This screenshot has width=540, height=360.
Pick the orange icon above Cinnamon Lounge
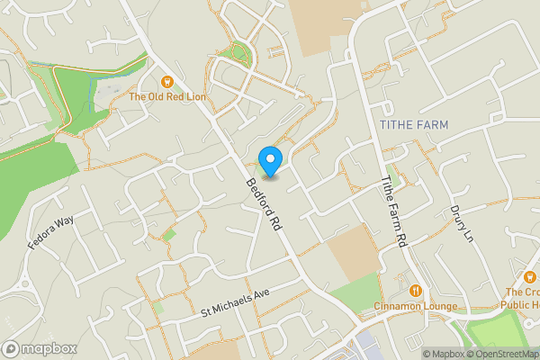coord(415,291)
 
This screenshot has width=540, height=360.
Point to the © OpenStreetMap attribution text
coord(506,353)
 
